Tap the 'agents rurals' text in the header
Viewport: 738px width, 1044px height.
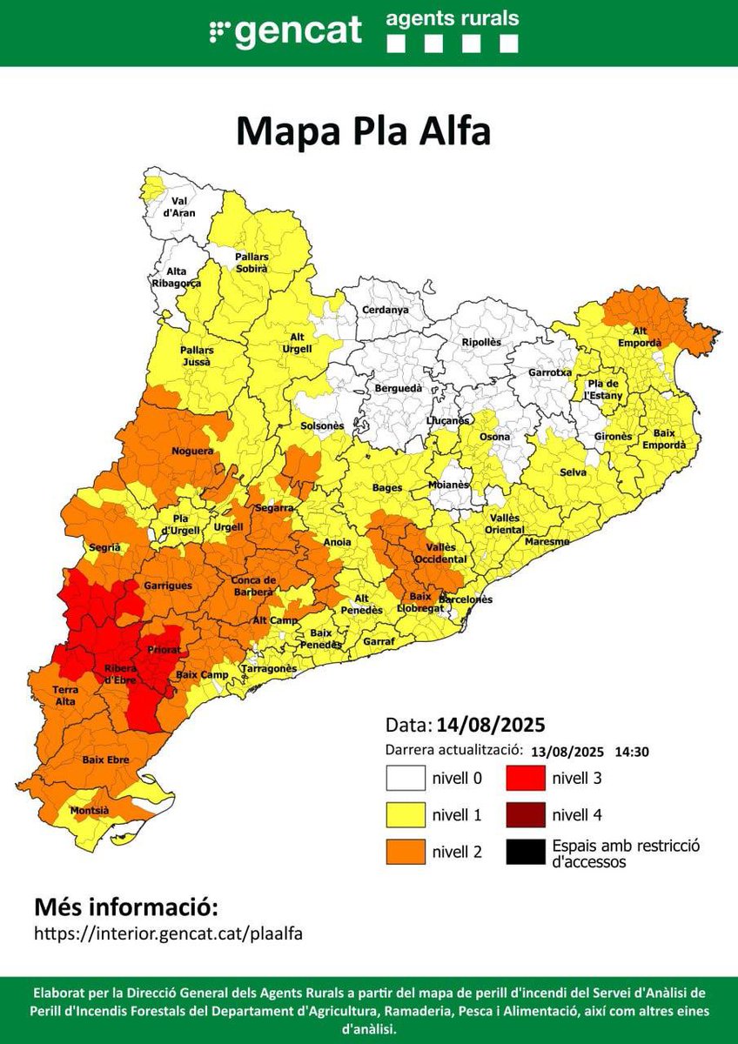453,17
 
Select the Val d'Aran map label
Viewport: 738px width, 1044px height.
183,206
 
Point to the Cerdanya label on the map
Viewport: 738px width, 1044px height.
385,310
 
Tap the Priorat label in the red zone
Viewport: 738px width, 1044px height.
164,649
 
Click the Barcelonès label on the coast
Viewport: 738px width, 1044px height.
465,599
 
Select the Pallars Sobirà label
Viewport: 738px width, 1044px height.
252,263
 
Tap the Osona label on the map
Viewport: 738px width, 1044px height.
496,437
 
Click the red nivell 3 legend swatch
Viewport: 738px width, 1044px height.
525,778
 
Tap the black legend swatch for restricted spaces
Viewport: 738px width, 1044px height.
525,852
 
